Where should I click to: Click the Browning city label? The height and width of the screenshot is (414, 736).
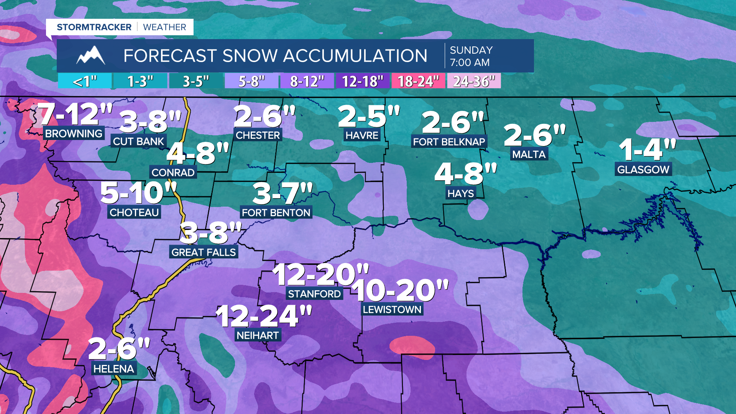click(74, 133)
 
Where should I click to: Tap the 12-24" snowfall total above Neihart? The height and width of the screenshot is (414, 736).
click(264, 316)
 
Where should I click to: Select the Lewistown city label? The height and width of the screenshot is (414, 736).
click(392, 309)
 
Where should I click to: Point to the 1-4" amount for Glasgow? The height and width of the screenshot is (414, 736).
click(647, 150)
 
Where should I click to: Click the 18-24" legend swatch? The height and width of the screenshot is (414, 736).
click(418, 81)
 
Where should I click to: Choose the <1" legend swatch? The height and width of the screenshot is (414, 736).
click(85, 81)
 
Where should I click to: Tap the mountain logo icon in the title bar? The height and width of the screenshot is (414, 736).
click(91, 56)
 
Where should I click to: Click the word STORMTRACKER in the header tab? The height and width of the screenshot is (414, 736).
click(94, 27)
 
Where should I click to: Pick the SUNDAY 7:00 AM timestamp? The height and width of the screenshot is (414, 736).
click(471, 56)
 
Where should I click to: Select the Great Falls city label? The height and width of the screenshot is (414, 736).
click(204, 252)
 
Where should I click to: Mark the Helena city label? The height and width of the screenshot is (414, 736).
click(113, 369)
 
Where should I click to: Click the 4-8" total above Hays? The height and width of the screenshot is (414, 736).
click(465, 174)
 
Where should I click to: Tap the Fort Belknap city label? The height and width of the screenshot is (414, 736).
click(449, 142)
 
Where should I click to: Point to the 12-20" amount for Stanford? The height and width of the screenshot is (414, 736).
click(320, 275)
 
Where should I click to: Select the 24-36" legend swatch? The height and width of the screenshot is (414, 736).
click(474, 81)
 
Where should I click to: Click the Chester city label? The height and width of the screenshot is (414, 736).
click(258, 135)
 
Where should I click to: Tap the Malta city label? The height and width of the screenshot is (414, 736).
click(529, 154)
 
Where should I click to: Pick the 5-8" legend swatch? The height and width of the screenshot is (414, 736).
click(251, 81)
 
